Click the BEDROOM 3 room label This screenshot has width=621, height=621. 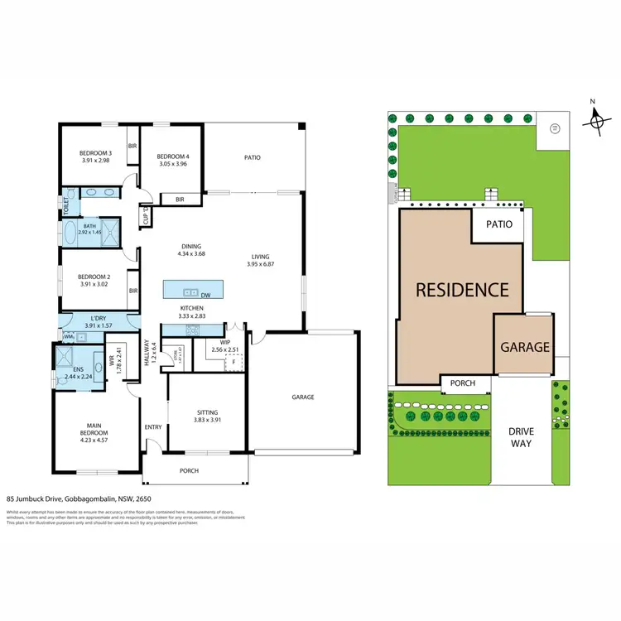tap(95, 153)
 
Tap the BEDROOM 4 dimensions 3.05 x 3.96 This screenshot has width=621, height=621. tap(174, 164)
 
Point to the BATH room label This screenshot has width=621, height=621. tap(89, 226)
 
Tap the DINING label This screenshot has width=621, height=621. tap(192, 246)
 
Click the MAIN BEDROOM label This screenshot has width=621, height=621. tap(94, 429)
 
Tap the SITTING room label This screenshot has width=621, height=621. tap(207, 412)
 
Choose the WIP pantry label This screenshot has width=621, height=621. tap(224, 341)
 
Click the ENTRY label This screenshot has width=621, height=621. tap(154, 427)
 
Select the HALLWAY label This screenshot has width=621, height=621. tap(147, 356)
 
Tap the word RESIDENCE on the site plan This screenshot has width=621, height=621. tap(461, 290)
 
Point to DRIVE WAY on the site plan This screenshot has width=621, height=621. tap(521, 437)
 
